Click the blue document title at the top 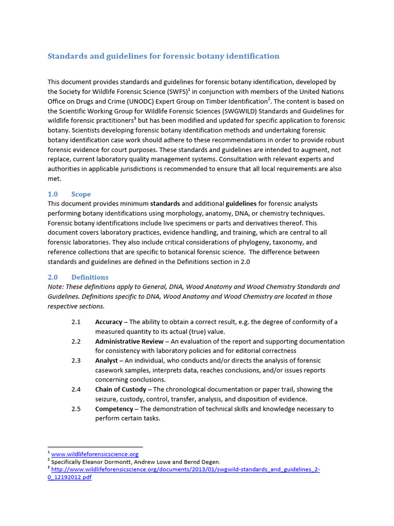(x=163, y=56)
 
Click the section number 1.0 (x=53, y=194)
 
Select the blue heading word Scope (x=81, y=194)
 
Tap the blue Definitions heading (x=90, y=277)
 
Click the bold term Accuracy (x=109, y=322)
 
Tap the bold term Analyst (x=107, y=361)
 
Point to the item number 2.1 (x=76, y=322)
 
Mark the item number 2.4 (x=76, y=389)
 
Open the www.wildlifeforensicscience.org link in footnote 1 (x=95, y=454)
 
